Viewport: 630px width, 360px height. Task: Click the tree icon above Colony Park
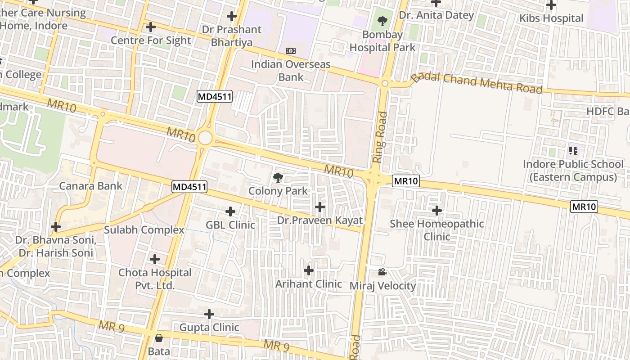click(x=278, y=178)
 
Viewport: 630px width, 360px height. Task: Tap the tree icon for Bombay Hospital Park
click(x=382, y=20)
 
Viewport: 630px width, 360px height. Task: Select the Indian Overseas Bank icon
click(x=291, y=51)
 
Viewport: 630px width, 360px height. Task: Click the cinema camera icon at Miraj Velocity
click(x=382, y=272)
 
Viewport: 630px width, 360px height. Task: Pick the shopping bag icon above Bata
click(x=158, y=338)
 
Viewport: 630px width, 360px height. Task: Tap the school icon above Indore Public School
click(x=573, y=150)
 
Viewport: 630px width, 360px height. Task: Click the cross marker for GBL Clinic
click(x=230, y=211)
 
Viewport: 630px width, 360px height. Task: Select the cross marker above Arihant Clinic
click(x=308, y=270)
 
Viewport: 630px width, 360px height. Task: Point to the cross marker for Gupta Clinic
click(x=209, y=314)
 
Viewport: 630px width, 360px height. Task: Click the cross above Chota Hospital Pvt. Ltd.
click(x=155, y=259)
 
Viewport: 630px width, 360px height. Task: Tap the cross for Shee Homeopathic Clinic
click(x=436, y=210)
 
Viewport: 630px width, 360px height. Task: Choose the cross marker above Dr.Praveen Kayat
click(x=320, y=207)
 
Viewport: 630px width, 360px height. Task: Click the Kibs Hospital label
click(x=551, y=18)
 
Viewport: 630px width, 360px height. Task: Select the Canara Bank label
click(x=90, y=186)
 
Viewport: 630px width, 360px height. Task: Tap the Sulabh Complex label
click(x=144, y=230)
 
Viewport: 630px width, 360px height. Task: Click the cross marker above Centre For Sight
click(x=151, y=27)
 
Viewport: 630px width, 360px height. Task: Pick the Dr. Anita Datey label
click(x=436, y=15)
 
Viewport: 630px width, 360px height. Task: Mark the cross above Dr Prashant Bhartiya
click(x=232, y=17)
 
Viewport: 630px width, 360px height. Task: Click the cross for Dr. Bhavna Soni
click(x=56, y=227)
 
